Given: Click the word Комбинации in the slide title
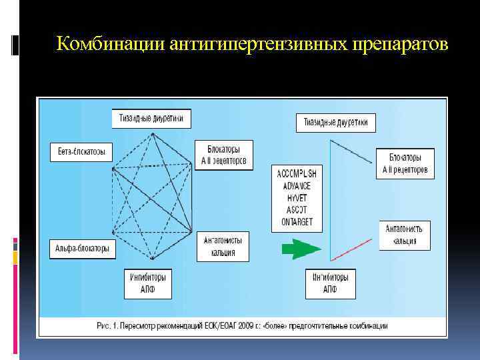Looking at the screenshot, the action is pos(111,44).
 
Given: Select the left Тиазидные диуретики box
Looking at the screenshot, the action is pos(151,119).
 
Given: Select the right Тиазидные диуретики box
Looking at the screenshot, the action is pos(335,123).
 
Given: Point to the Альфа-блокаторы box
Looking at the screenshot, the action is pos(82,249).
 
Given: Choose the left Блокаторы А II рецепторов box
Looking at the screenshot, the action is pos(224,155).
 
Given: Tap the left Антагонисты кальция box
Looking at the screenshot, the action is pos(223,245).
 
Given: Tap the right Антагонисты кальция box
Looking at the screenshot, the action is pos(404,235).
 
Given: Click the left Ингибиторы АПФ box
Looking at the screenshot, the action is pos(148,283).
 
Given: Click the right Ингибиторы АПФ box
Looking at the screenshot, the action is pos(330,283).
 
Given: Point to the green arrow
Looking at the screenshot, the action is pos(299,250).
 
